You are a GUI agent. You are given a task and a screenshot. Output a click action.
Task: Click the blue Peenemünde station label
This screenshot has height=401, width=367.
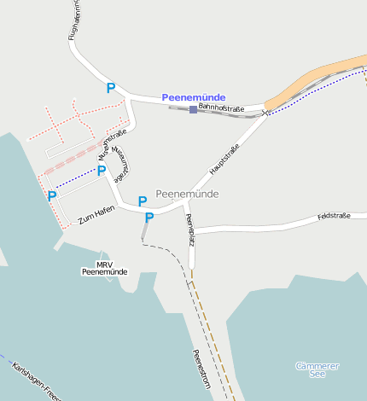pyautogui.click(x=194, y=97)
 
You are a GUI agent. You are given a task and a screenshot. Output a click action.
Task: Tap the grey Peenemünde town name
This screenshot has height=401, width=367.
pyautogui.click(x=187, y=194)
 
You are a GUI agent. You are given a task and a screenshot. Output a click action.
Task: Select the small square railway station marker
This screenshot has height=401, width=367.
pyautogui.click(x=194, y=109)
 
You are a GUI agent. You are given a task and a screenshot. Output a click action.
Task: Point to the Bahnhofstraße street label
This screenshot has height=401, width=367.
pyautogui.click(x=221, y=108)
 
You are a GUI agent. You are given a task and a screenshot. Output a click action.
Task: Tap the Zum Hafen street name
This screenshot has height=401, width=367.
pyautogui.click(x=96, y=214)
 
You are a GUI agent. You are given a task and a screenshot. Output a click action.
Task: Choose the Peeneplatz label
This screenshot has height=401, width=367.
pyautogui.click(x=189, y=230)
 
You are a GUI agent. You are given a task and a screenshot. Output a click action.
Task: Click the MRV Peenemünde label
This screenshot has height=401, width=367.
pyautogui.click(x=104, y=268)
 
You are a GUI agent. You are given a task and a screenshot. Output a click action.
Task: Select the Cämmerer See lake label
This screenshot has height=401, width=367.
pyautogui.click(x=317, y=369)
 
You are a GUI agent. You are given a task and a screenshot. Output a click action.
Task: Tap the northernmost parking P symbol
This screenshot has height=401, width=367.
pyautogui.click(x=110, y=88)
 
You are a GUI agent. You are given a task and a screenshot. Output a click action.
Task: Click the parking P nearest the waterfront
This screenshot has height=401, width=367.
pyautogui.click(x=52, y=195)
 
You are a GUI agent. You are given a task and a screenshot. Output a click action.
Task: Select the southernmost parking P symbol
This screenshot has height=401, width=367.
pyautogui.click(x=149, y=218)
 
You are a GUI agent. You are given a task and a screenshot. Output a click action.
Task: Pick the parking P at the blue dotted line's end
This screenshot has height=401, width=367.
pyautogui.click(x=102, y=170)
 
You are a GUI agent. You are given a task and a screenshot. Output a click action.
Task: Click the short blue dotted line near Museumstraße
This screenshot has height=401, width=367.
pyautogui.click(x=76, y=178)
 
